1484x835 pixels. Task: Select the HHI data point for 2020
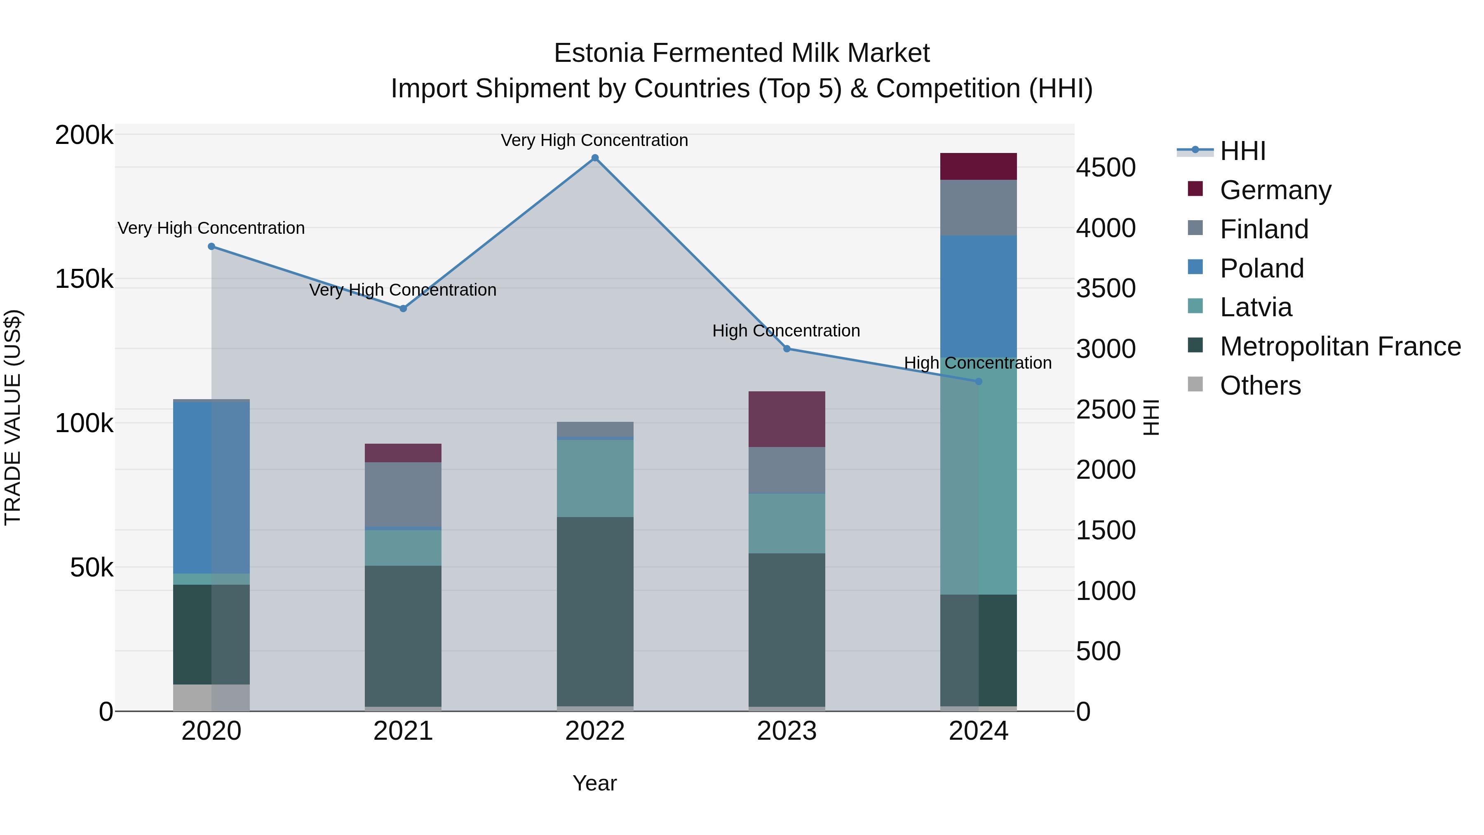pos(211,247)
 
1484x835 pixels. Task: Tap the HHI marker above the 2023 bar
pos(787,348)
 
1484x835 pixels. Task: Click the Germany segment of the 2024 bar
pos(978,167)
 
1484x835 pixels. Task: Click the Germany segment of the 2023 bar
pos(787,419)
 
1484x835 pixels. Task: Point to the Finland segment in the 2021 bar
pos(403,494)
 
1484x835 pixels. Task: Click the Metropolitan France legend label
pos(1340,346)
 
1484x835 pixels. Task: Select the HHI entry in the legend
pos(1242,151)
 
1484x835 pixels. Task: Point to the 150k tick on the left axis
pos(84,280)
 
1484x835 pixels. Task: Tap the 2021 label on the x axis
pos(403,731)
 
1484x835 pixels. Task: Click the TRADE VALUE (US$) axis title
pos(13,417)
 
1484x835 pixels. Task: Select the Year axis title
pos(594,783)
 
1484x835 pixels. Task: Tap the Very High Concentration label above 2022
pos(594,140)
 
